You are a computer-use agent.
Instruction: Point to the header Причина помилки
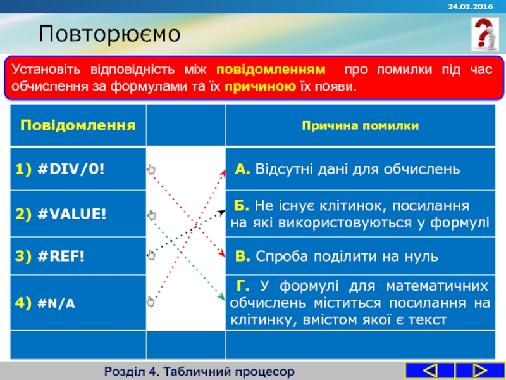[360, 125]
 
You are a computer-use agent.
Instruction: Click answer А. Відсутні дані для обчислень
[348, 169]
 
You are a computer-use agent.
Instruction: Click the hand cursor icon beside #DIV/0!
[151, 169]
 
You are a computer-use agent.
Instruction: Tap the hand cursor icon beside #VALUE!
[151, 215]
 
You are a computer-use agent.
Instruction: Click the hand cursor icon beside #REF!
[151, 255]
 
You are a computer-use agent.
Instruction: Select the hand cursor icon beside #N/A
[151, 301]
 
